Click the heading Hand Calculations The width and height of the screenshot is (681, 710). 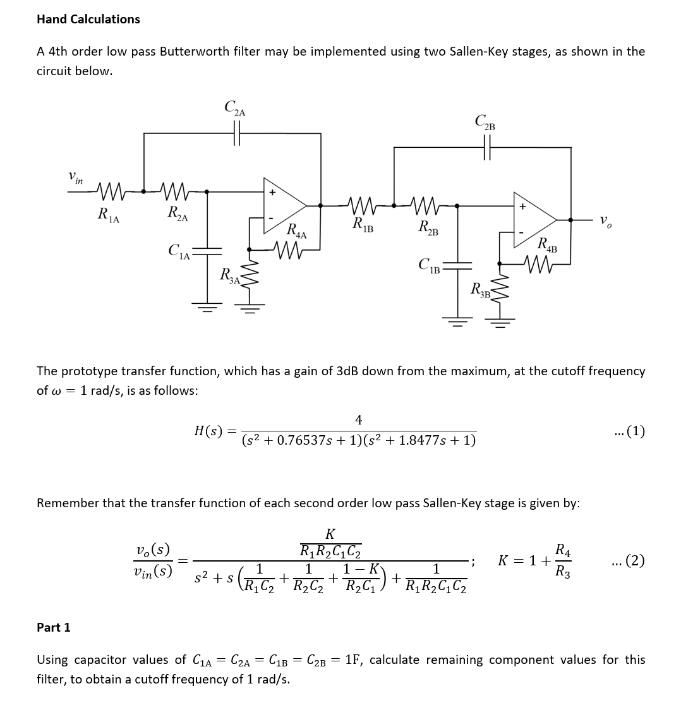[x=88, y=19]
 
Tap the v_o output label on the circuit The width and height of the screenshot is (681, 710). [x=605, y=221]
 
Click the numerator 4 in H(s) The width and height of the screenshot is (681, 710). [x=359, y=419]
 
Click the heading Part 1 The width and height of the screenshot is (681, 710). [x=54, y=627]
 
